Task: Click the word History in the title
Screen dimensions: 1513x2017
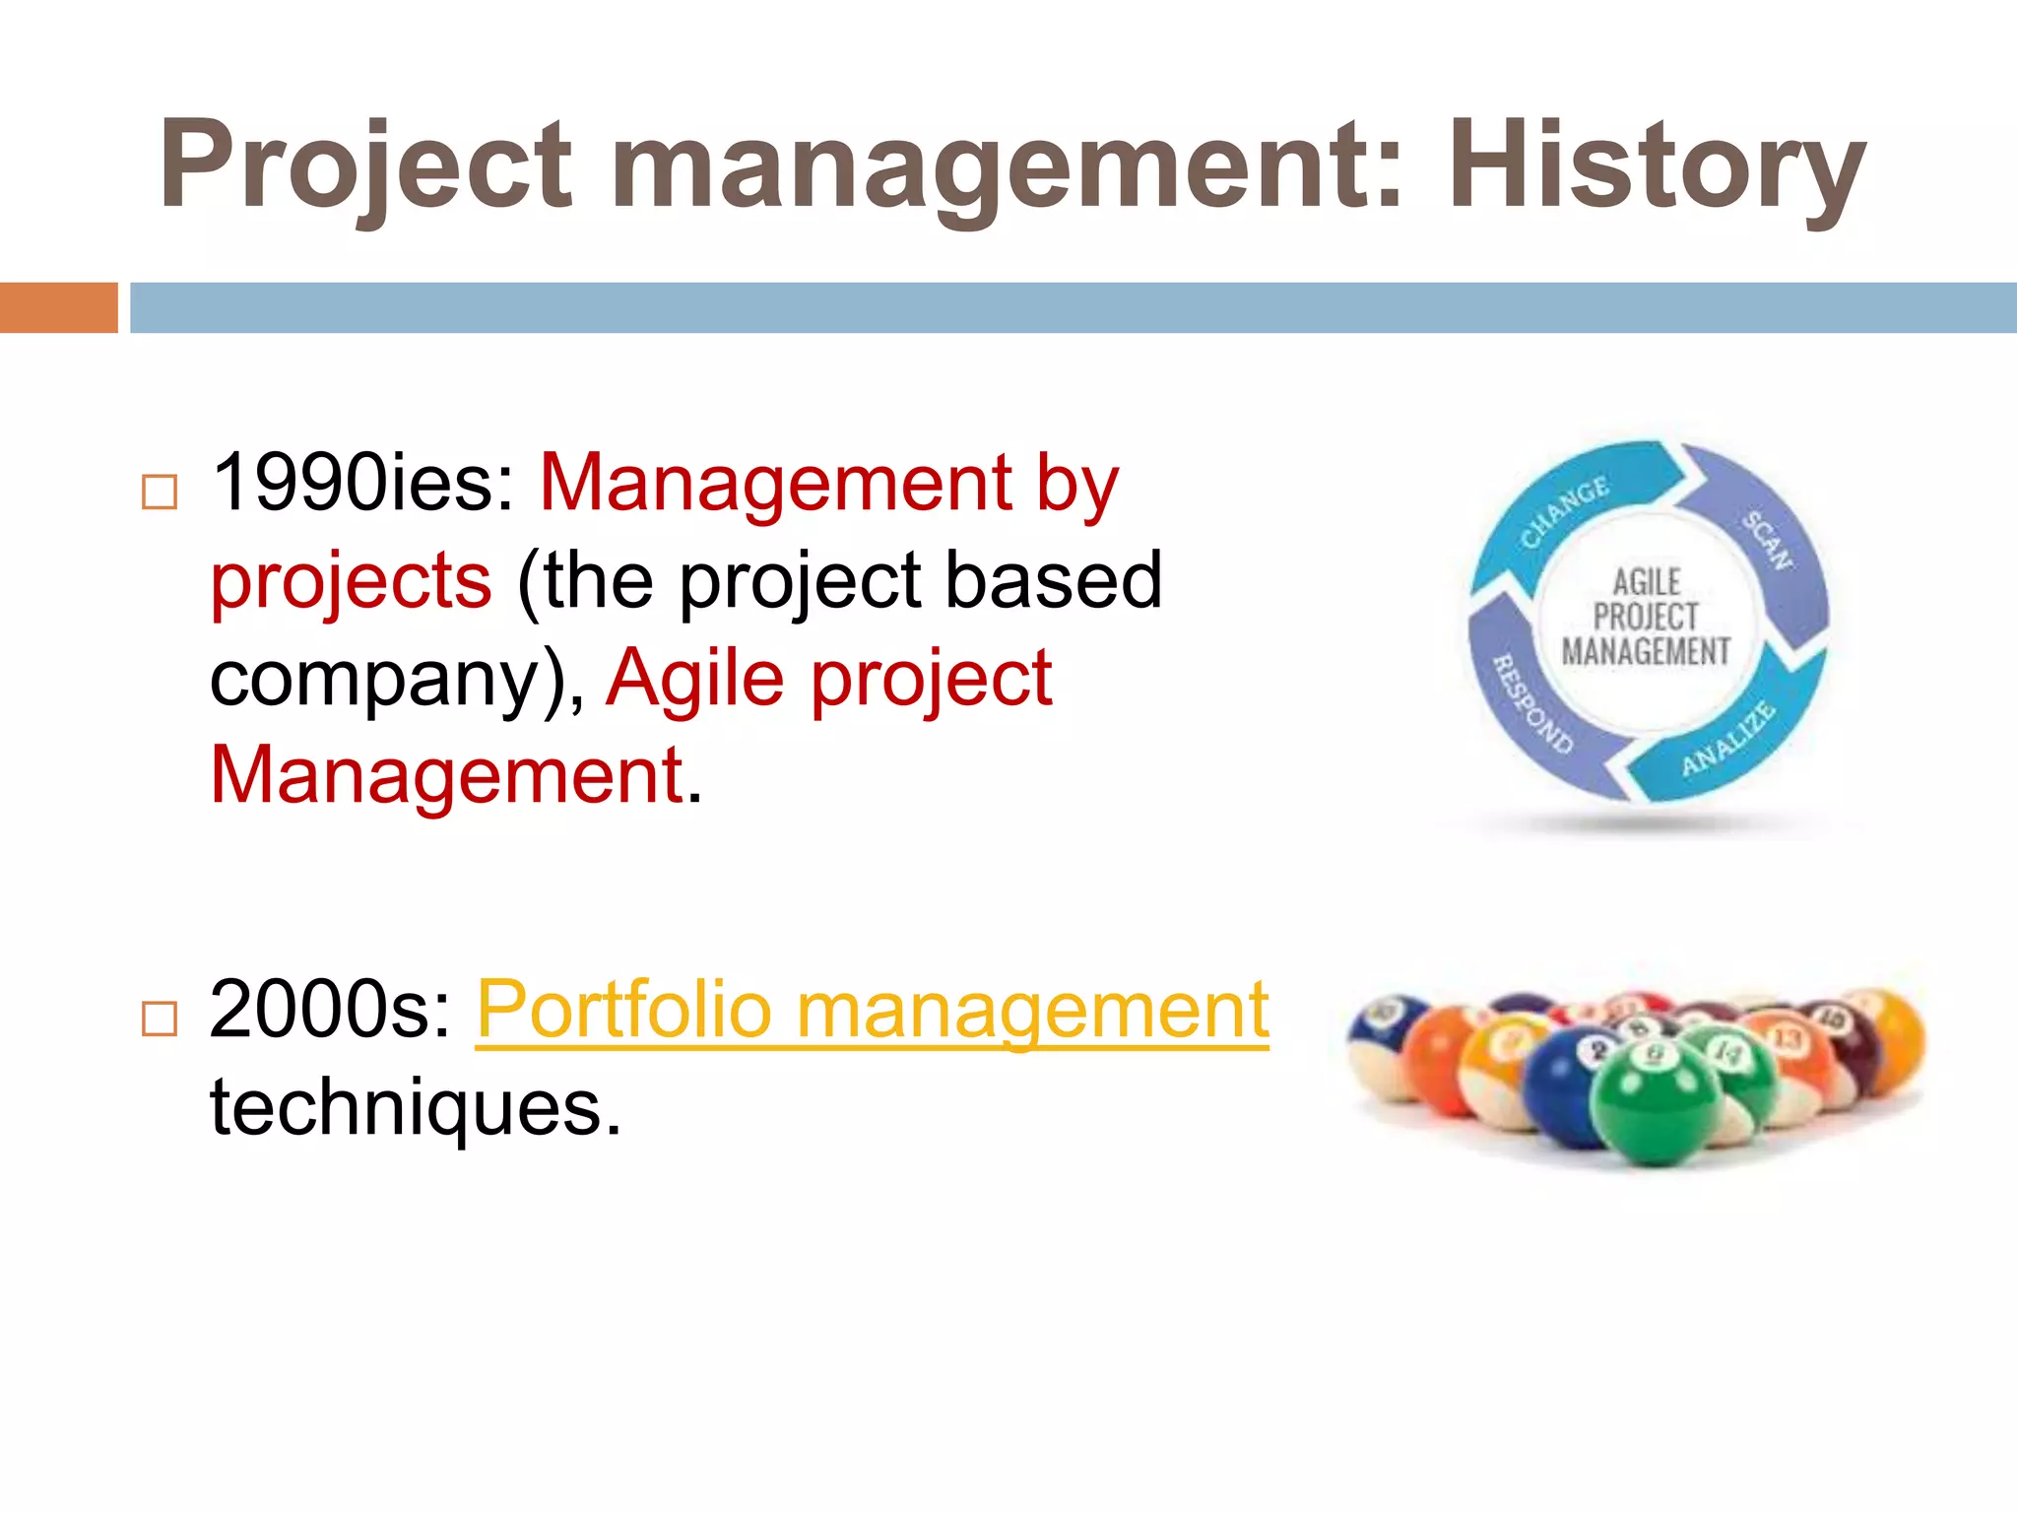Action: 1657,164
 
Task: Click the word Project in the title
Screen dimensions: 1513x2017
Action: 364,164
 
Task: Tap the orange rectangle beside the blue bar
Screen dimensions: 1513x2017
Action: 58,307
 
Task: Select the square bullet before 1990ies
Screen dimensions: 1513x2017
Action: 160,491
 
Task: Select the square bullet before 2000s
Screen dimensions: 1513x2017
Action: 160,1019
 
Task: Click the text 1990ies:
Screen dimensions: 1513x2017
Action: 363,483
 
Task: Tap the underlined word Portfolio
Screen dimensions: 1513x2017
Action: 623,1010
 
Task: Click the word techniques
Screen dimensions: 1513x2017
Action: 415,1107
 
